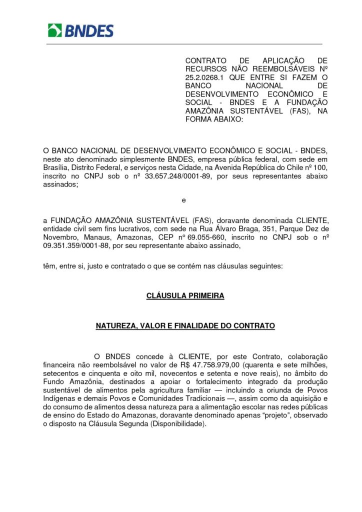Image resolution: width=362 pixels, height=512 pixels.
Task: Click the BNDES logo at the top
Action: [x=80, y=30]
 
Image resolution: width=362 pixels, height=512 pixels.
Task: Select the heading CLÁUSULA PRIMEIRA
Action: [x=185, y=296]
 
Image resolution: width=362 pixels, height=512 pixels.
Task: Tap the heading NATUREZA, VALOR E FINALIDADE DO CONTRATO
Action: [x=185, y=326]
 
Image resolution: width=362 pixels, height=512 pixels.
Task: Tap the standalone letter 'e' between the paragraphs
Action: [x=184, y=200]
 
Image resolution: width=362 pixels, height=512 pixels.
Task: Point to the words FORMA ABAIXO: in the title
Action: [x=213, y=120]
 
